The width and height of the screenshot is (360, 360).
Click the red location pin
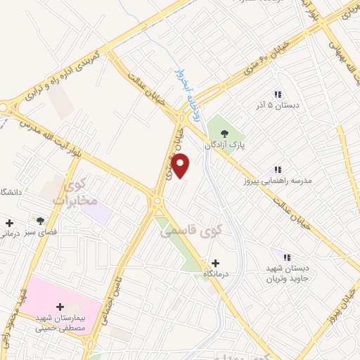[x=181, y=166]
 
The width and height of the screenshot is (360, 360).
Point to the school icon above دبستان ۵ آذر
[x=278, y=94]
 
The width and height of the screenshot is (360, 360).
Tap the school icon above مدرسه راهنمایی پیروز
[x=278, y=169]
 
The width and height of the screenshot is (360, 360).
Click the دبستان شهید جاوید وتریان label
[x=288, y=274]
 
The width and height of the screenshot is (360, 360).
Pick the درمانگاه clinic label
[x=215, y=274]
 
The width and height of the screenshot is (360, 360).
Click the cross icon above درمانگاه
[x=215, y=262]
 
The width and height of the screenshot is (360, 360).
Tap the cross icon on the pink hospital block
[x=60, y=307]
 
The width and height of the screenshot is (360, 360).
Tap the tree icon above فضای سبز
[x=40, y=220]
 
